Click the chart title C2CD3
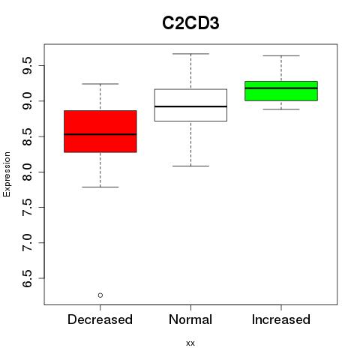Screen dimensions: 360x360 coord(190,23)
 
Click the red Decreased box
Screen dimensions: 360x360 coord(100,131)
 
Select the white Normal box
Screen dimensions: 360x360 coord(190,105)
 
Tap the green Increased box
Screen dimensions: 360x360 coord(281,91)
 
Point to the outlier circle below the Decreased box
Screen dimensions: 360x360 coord(100,295)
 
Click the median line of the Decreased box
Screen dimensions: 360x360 coord(100,134)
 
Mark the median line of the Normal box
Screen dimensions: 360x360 coord(190,106)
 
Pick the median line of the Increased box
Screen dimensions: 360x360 coord(281,88)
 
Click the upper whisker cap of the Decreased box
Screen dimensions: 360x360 coord(100,84)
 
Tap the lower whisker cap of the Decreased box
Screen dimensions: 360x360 coord(100,187)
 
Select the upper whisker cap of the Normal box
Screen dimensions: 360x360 coord(190,54)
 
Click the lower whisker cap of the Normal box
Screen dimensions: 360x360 coord(190,166)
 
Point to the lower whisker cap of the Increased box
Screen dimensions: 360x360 coord(281,109)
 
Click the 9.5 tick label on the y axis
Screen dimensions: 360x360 coord(27,65)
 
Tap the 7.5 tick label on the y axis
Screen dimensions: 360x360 coord(27,207)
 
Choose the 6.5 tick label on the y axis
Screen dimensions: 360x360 coord(27,278)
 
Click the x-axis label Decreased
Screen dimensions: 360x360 coord(100,319)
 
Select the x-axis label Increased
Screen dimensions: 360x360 coord(281,319)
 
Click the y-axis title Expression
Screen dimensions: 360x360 coord(7,174)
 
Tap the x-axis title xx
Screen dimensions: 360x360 coord(190,343)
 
